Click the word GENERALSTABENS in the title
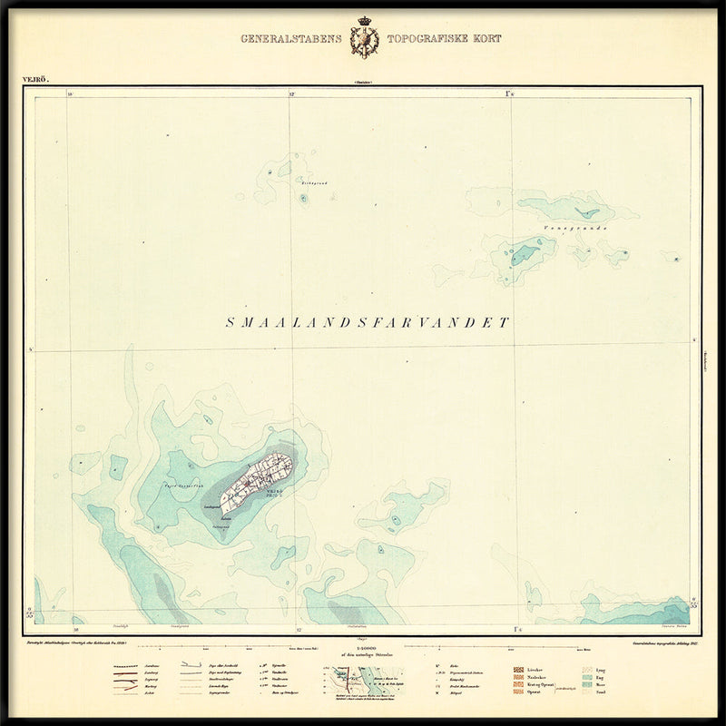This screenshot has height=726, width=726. [x=291, y=39]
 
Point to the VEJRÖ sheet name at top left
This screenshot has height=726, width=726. [x=35, y=80]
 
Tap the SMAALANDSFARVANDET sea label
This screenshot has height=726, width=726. [x=368, y=322]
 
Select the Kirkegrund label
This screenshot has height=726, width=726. [x=301, y=183]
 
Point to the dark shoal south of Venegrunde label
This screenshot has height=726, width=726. [x=524, y=253]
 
